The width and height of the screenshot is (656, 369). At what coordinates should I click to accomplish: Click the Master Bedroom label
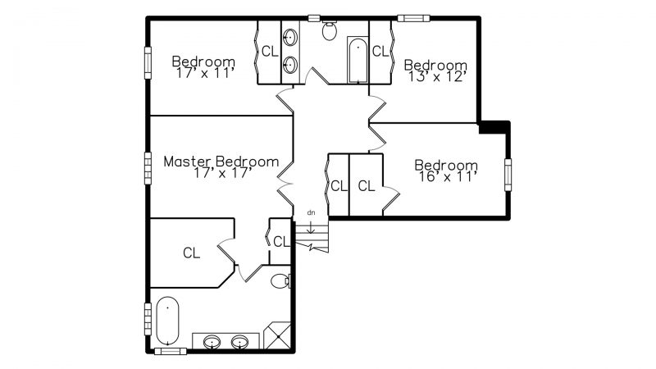tap(221, 162)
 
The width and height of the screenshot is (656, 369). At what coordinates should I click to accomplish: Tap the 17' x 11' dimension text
tap(204, 73)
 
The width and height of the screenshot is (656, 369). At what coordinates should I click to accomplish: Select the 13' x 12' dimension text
tap(437, 76)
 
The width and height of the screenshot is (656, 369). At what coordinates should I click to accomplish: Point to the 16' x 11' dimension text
tap(448, 177)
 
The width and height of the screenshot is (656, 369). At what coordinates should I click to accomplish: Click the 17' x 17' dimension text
tap(222, 173)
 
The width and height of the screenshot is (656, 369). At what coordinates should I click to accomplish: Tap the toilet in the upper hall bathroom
tap(330, 30)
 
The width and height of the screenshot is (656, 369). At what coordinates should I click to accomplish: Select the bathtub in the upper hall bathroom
tap(358, 60)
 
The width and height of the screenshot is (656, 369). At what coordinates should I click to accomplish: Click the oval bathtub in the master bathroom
tap(167, 321)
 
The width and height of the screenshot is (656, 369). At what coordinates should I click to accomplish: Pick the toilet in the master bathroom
tap(280, 280)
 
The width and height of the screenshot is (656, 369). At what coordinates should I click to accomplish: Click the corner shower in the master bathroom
tap(277, 335)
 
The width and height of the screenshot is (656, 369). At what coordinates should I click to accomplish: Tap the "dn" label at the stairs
tap(311, 212)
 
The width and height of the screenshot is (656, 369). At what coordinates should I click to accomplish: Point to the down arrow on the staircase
tap(311, 227)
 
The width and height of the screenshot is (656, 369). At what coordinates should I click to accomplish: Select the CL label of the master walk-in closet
tap(192, 253)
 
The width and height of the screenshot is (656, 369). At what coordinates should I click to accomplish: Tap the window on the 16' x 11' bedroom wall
tap(508, 175)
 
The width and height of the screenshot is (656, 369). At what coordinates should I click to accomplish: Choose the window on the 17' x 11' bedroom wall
tap(148, 63)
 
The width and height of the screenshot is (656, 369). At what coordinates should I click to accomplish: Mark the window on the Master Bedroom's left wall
tap(148, 168)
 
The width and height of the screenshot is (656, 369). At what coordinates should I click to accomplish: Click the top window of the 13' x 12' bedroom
tap(413, 18)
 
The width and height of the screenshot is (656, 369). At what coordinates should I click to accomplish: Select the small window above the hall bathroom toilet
tap(314, 18)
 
